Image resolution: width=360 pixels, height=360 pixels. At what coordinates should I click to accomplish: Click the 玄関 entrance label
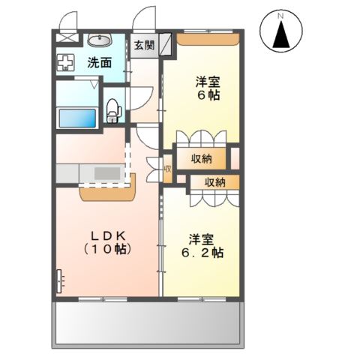coord(144,45)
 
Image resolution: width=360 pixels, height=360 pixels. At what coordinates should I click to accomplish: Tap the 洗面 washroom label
coord(100,63)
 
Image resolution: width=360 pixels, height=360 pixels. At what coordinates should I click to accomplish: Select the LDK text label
coord(107,235)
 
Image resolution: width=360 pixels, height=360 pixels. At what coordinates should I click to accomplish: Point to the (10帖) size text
coord(107,249)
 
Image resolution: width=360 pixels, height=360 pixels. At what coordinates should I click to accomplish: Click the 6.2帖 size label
coord(202,253)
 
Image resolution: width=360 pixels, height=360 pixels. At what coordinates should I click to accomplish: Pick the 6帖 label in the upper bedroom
coord(208,95)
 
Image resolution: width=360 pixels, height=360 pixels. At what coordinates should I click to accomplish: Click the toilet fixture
coord(114,110)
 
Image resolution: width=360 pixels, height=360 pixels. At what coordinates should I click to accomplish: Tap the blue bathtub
coord(77,118)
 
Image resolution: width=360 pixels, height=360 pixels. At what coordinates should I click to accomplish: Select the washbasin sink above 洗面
coord(100,40)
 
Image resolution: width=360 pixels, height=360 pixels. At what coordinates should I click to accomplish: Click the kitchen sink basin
coord(107,173)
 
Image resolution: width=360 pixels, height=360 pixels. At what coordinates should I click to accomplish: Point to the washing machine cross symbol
coord(66,62)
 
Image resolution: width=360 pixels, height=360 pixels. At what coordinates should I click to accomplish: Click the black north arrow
coord(281,34)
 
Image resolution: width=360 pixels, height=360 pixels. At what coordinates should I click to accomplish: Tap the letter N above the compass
coord(281,16)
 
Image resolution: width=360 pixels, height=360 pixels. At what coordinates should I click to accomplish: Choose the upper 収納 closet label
coord(202,158)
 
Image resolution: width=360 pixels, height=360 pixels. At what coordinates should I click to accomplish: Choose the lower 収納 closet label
coord(215,182)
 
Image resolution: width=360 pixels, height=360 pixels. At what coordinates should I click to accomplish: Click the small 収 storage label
coord(168,169)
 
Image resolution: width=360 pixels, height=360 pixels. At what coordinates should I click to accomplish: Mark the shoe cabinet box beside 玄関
coord(166,44)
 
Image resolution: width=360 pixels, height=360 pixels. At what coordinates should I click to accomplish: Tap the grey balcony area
coord(148,322)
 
